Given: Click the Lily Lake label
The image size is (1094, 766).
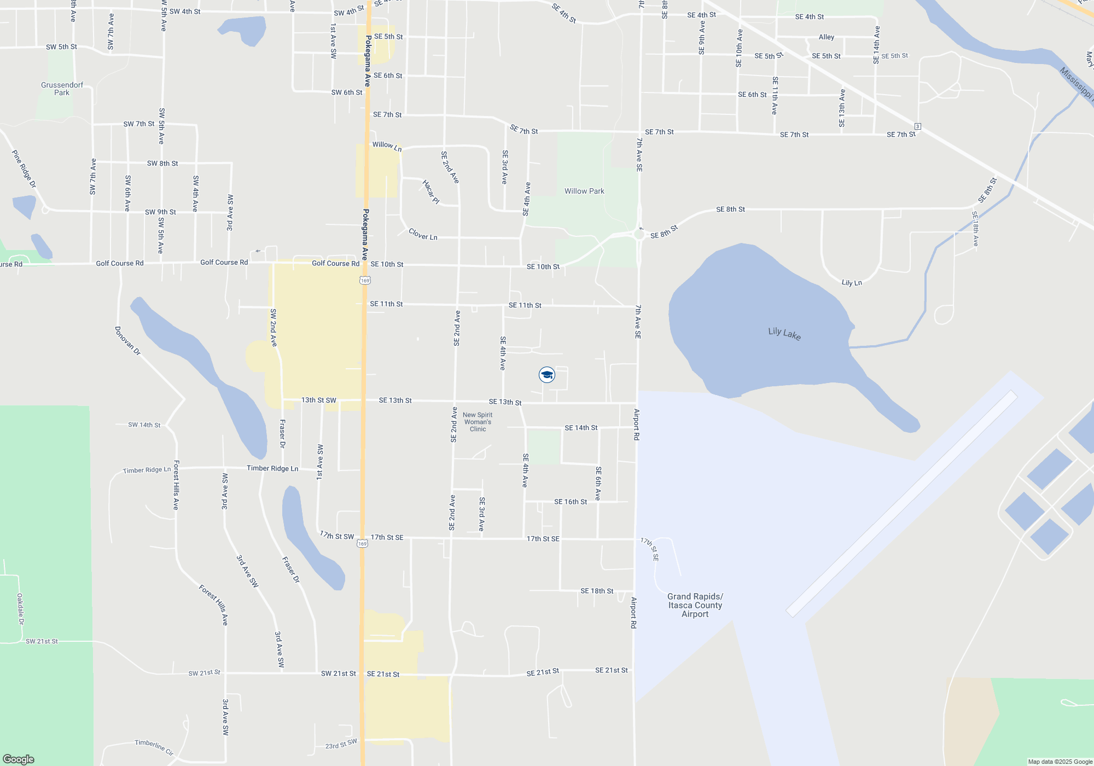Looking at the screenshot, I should (784, 333).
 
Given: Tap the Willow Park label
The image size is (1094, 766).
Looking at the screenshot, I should (584, 191).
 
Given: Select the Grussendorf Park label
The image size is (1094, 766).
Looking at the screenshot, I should (62, 89).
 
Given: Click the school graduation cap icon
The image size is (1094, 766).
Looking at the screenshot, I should (546, 375).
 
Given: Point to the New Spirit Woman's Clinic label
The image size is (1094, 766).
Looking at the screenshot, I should (478, 422).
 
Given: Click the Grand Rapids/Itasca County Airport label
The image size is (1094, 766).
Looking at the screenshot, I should (695, 605).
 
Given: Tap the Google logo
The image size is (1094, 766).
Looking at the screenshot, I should (19, 759).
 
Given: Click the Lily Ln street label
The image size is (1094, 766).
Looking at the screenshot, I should (851, 282).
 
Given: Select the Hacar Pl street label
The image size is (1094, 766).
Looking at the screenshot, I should (431, 191).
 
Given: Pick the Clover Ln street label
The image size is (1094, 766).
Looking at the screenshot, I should (423, 235).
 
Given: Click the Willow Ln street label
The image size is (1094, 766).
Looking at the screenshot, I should (387, 146).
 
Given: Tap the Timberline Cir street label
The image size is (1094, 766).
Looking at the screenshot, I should (154, 747).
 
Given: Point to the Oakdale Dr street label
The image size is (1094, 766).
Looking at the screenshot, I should (21, 609).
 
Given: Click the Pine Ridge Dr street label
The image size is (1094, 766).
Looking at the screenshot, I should (24, 169).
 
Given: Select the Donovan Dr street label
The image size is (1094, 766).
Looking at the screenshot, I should (127, 341).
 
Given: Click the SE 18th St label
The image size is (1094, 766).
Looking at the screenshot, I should (596, 591).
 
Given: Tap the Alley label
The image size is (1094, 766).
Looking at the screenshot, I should (826, 37).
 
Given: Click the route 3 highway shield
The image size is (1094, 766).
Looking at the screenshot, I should (917, 126).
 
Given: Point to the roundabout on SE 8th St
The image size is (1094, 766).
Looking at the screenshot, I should (638, 235).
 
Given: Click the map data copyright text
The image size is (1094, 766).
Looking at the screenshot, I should (1060, 762).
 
